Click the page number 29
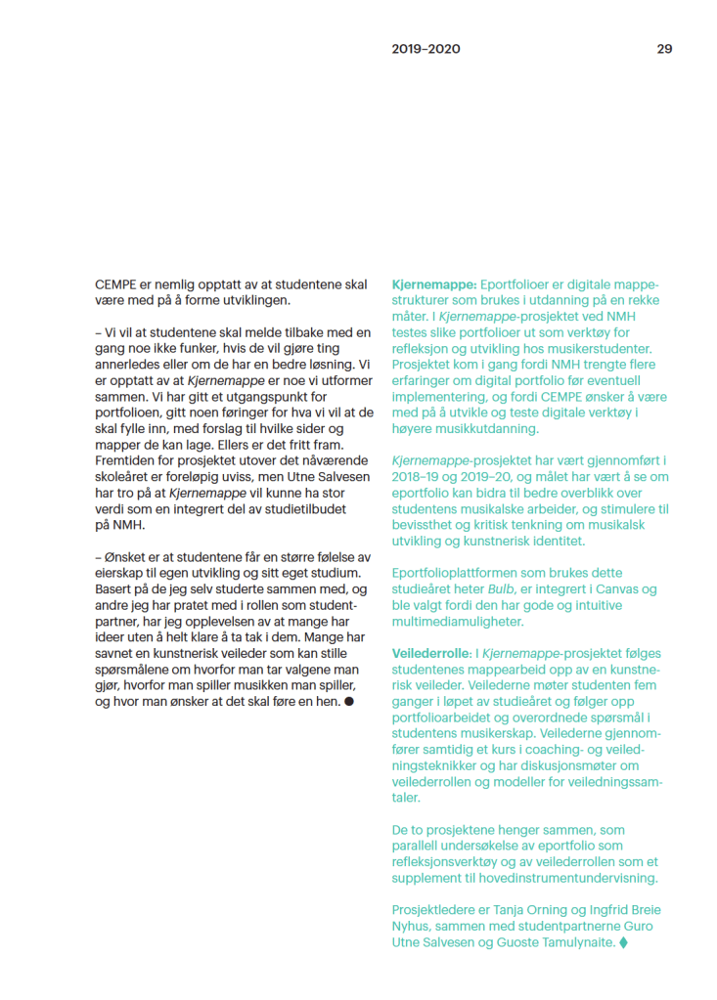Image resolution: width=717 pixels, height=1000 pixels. click(664, 49)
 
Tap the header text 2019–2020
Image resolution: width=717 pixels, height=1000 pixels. click(426, 49)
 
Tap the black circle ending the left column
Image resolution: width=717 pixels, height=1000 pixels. click(349, 701)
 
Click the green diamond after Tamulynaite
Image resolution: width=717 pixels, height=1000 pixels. click(624, 942)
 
